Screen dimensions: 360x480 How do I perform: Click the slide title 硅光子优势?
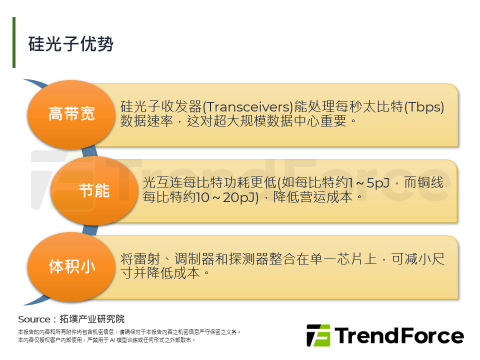(x=71, y=44)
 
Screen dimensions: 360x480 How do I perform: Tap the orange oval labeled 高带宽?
(x=71, y=114)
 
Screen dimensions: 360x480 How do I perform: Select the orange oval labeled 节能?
(x=94, y=190)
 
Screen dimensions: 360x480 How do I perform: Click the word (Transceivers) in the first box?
(x=247, y=107)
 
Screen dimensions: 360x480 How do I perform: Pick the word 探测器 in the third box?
(x=247, y=259)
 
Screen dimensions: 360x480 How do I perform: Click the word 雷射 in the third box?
(x=146, y=259)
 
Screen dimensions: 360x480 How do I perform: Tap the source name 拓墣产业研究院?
(x=92, y=319)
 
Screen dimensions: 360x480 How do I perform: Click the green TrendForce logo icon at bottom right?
(x=318, y=336)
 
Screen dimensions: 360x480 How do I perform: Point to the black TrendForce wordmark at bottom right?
(x=398, y=335)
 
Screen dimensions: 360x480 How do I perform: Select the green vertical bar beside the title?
(x=14, y=42)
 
